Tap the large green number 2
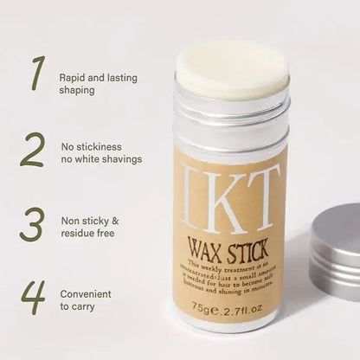point(32,149)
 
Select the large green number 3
point(32,224)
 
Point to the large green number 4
point(33,296)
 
